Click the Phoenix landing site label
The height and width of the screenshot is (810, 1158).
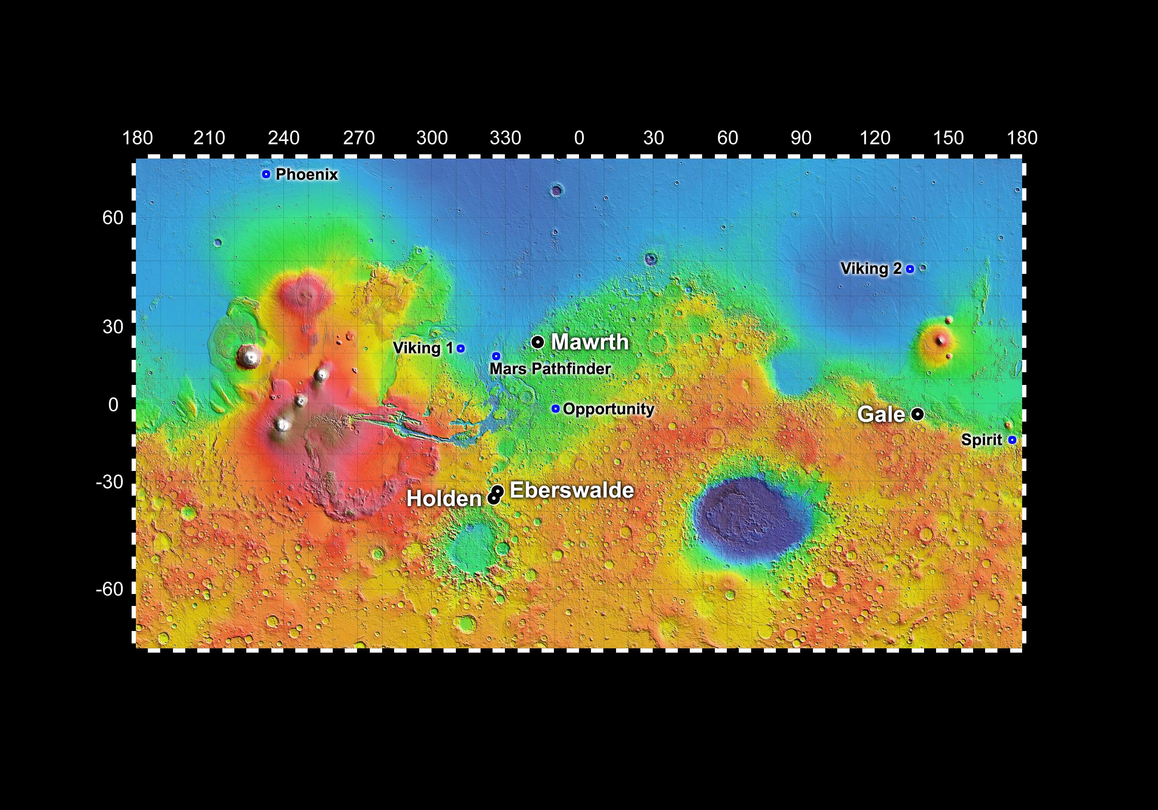(306, 174)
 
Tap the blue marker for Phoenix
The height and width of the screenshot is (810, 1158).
(266, 174)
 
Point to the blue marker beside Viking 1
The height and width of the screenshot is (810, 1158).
(460, 348)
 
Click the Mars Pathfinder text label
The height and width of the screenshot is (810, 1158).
(550, 369)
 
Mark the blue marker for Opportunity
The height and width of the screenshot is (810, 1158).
(555, 408)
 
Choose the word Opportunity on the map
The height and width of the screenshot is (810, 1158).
(608, 409)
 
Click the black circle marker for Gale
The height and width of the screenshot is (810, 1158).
(918, 414)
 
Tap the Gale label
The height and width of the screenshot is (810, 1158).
(881, 414)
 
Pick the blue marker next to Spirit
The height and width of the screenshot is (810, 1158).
(1012, 440)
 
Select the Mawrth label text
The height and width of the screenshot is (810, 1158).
(589, 342)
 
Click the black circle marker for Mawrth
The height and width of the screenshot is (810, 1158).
(538, 342)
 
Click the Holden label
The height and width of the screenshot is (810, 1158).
(444, 499)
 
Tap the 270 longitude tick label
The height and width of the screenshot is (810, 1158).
(359, 138)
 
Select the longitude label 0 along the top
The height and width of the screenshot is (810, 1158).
(579, 138)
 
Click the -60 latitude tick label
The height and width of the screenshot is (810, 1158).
(110, 588)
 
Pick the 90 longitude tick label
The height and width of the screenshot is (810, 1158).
(801, 138)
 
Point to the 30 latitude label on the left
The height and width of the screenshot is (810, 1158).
(113, 327)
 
